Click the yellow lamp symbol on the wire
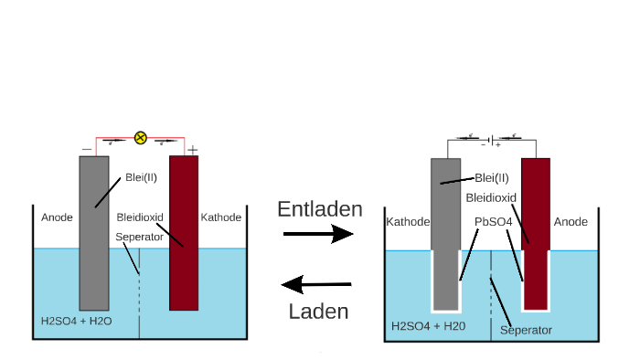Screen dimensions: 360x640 tap(140, 138)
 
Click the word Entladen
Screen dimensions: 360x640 tap(319, 209)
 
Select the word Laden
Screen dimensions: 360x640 tap(318, 311)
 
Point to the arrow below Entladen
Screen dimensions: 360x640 tap(317, 235)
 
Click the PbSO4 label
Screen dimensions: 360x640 tap(493, 221)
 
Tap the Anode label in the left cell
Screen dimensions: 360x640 tap(57, 217)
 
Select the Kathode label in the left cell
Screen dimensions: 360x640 tap(220, 217)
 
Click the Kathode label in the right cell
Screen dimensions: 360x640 tap(407, 221)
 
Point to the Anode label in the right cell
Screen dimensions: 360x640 tap(571, 221)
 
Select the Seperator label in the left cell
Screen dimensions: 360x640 tap(139, 238)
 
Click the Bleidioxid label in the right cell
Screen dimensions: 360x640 tap(491, 196)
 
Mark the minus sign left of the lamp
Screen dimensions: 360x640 tap(86, 149)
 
